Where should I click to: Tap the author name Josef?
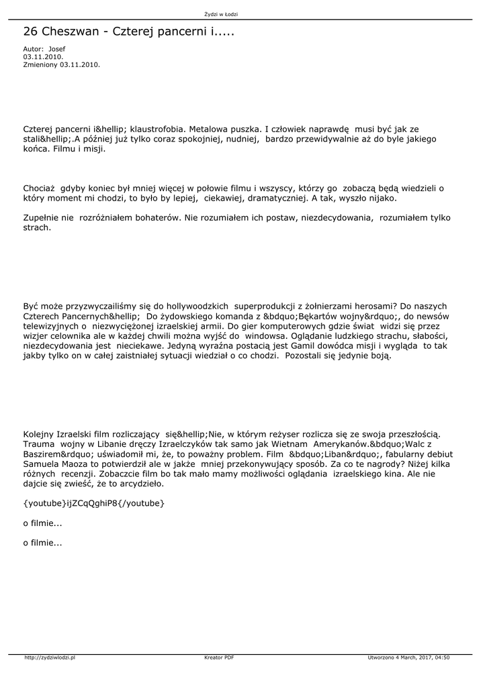57,50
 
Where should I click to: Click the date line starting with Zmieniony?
61,64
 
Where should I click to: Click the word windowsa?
267,335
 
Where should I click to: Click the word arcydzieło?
140,484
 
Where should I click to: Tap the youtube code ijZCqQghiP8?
93,503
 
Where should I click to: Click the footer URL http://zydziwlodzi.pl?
49,658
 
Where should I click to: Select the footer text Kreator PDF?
219,658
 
